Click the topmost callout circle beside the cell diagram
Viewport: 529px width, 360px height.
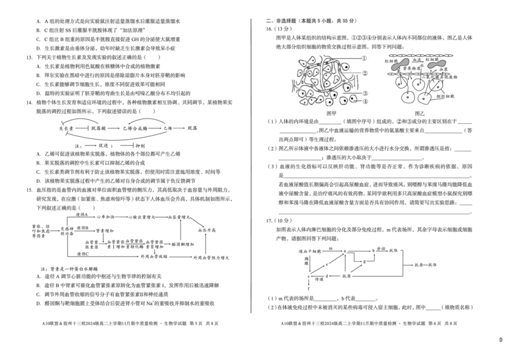point(364,58)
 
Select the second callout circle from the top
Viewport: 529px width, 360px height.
point(364,73)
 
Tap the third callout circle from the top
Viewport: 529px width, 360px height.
point(364,93)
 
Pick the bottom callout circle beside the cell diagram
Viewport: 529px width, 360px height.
point(364,101)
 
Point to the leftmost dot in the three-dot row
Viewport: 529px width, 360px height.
point(398,85)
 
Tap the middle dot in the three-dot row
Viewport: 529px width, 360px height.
point(417,85)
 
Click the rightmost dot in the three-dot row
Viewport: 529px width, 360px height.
point(437,85)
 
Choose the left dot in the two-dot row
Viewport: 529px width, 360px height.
point(408,99)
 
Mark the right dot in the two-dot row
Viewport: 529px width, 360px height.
point(424,99)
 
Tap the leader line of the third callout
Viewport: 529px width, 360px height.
point(354,93)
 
